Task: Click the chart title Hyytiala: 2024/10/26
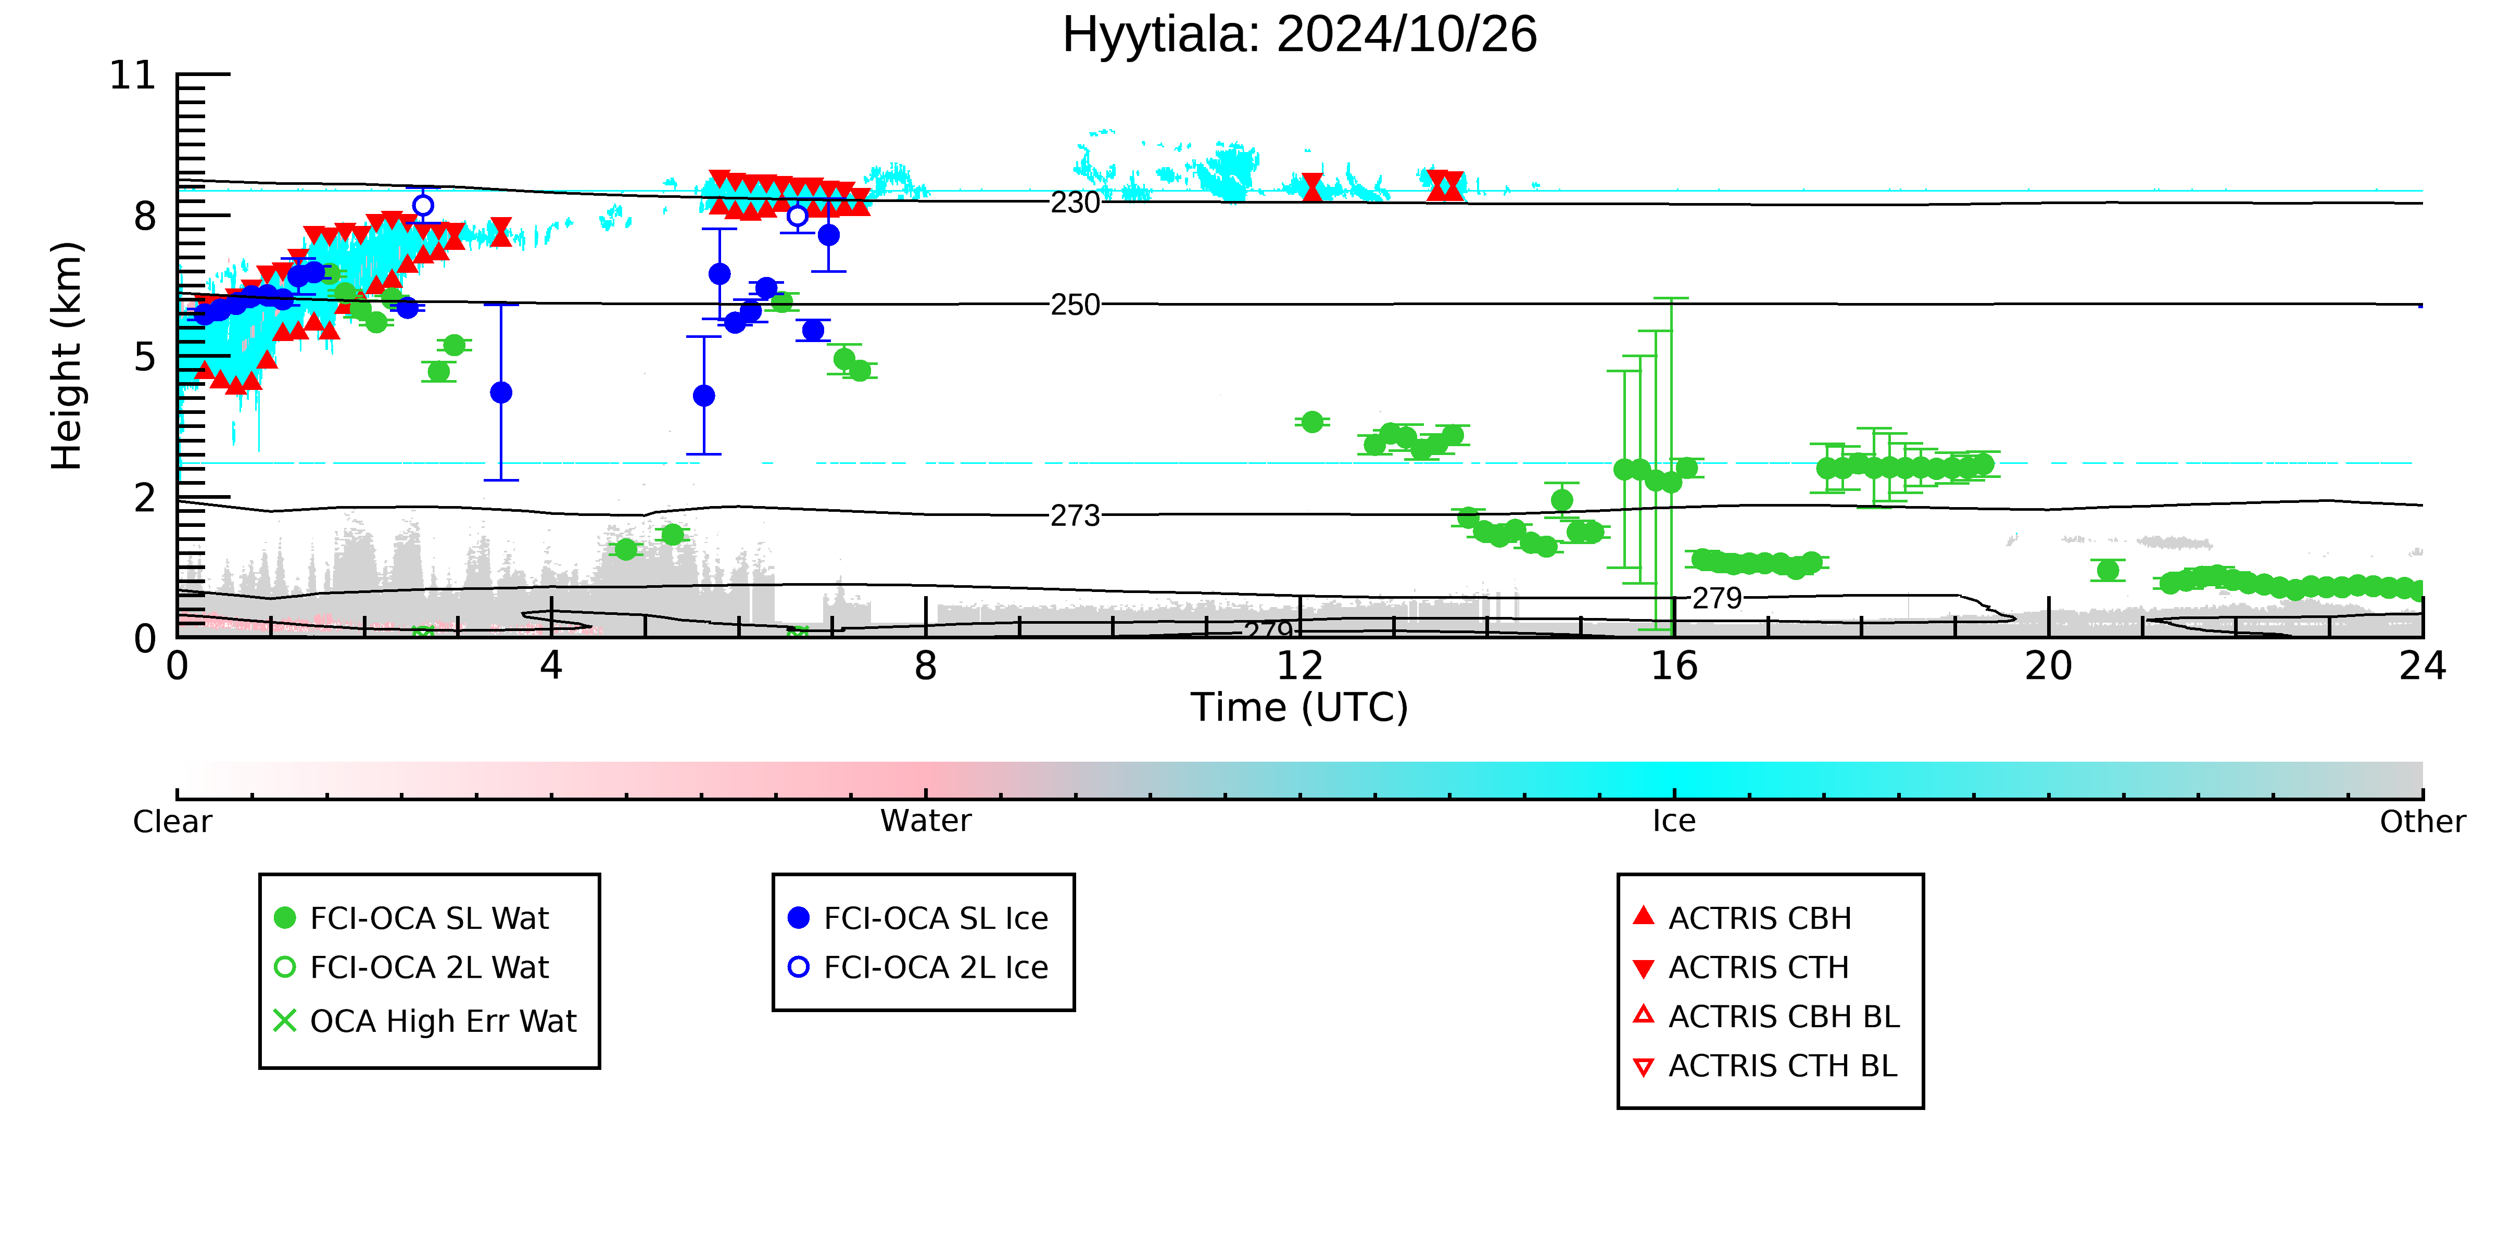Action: tap(1300, 35)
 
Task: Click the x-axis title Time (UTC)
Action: tap(1300, 708)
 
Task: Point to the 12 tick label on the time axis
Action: tap(1300, 666)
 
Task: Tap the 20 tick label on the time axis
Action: tap(2048, 666)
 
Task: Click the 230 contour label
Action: tap(1076, 203)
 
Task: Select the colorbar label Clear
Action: tap(173, 822)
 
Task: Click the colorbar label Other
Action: tap(2423, 822)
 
